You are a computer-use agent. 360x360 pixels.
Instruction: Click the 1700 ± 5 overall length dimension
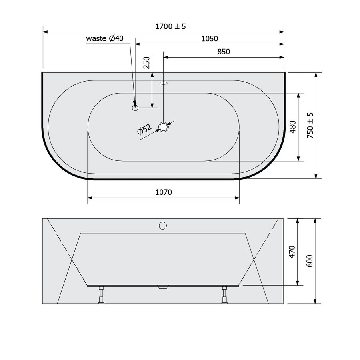(171, 26)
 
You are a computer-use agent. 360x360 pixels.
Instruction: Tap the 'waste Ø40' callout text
(105, 38)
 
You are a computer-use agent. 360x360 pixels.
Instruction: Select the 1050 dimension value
(210, 38)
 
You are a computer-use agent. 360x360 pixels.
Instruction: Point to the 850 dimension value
(224, 51)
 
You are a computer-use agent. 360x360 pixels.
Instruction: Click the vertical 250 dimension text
(146, 63)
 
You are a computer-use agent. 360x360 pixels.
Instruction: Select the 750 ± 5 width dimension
(310, 125)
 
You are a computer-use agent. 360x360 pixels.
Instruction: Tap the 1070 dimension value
(163, 192)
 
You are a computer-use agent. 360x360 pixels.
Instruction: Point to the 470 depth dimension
(292, 252)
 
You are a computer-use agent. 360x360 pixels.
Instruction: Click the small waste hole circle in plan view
(135, 107)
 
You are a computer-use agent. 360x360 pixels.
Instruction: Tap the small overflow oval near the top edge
(164, 84)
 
